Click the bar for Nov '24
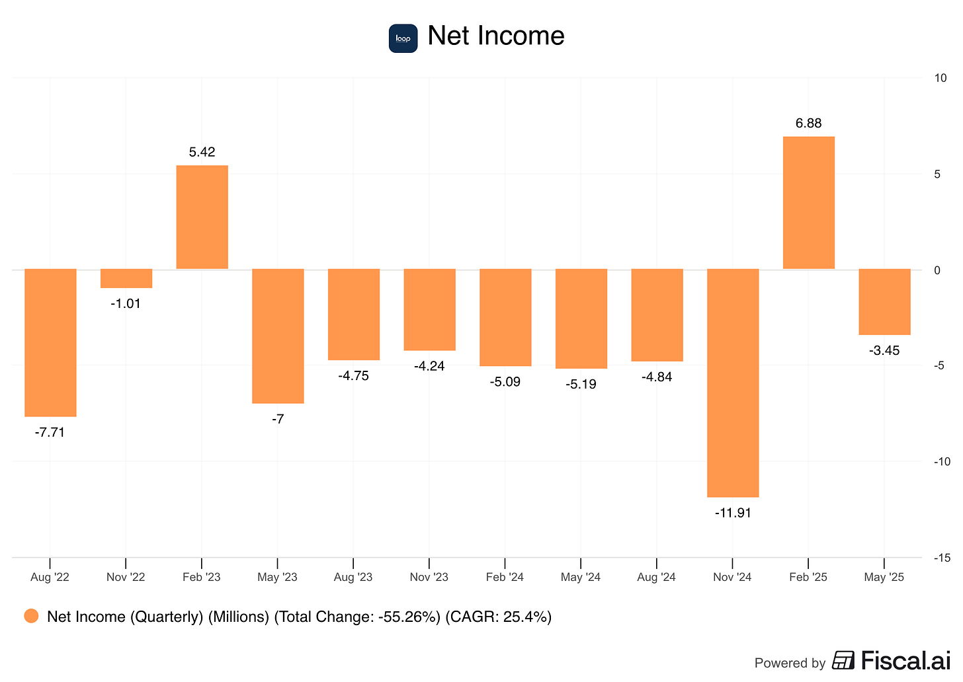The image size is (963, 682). [x=733, y=383]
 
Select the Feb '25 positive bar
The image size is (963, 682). [x=808, y=203]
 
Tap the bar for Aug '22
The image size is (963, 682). [x=50, y=342]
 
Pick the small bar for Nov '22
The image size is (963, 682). [x=126, y=278]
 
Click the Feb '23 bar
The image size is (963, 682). [x=202, y=217]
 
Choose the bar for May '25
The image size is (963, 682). [x=884, y=301]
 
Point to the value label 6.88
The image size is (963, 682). [x=808, y=124]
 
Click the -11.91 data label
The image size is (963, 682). [x=733, y=513]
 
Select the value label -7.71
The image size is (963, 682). [x=50, y=433]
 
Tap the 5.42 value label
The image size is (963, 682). [x=202, y=152]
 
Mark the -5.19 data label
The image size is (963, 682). [x=581, y=384]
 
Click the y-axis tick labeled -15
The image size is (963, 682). [x=942, y=558]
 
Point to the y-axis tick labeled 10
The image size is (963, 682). [x=940, y=78]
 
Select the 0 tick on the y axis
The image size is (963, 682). [x=937, y=270]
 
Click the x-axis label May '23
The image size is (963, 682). [x=277, y=577]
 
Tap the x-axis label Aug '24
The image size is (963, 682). [x=656, y=577]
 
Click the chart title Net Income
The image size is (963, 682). [x=496, y=36]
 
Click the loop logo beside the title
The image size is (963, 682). [x=403, y=38]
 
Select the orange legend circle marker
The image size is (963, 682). [x=31, y=617]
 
